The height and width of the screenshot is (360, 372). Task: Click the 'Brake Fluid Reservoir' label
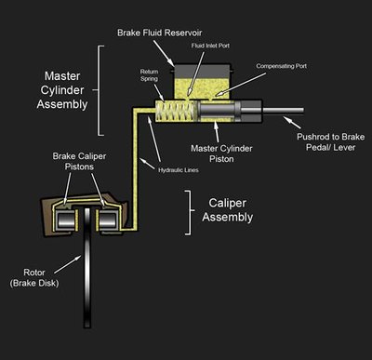(174, 32)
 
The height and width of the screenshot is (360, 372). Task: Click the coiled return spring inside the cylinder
(176, 116)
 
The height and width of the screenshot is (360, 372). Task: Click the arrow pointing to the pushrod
(295, 121)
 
